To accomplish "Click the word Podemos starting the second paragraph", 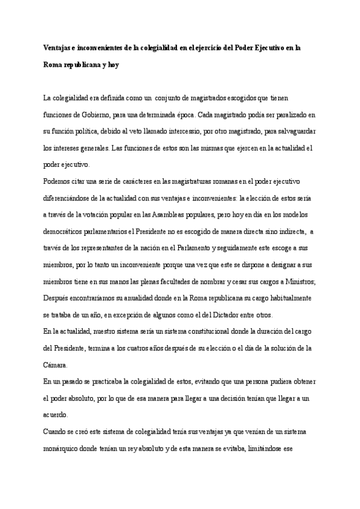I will click(x=59, y=181).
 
